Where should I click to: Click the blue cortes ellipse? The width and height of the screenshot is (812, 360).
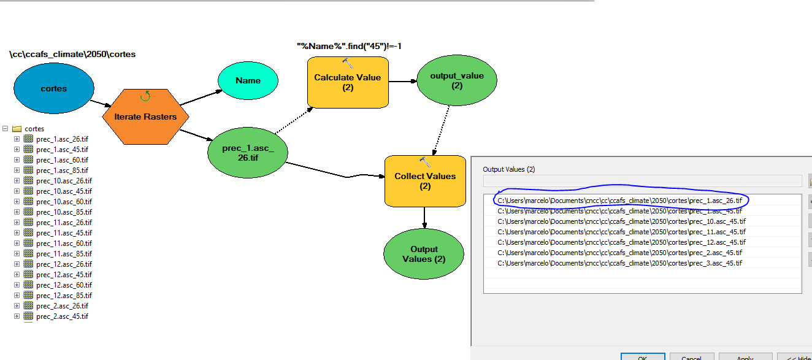(53, 88)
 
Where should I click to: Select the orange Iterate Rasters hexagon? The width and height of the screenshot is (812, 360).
(145, 117)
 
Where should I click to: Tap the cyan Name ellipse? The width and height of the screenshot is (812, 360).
(248, 80)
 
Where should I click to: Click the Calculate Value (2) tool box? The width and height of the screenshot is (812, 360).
(348, 82)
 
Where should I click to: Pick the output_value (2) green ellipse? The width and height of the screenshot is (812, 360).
(457, 80)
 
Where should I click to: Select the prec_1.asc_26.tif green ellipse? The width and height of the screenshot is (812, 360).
(248, 153)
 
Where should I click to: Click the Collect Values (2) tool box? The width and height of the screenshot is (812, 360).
(425, 181)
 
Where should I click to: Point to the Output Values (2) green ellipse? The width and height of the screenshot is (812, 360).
(424, 254)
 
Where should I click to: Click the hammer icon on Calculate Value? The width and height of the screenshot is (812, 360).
(348, 63)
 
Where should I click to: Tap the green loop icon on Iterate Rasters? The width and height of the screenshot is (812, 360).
(145, 96)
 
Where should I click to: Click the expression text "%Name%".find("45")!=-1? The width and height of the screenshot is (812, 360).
(349, 46)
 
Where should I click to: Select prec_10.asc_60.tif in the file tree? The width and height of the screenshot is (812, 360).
(64, 202)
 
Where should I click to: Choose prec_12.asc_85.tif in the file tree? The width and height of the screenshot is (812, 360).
(64, 296)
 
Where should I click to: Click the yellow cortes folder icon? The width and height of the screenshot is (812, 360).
(17, 129)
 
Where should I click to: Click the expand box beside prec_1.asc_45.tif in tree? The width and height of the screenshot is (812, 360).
(17, 150)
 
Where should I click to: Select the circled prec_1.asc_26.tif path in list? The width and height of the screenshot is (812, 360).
(619, 201)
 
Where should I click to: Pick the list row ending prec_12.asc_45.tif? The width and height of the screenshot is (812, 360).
(621, 242)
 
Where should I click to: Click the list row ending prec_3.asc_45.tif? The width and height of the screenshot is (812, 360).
(619, 263)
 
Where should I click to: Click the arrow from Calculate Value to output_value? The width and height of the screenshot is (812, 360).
(403, 82)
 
